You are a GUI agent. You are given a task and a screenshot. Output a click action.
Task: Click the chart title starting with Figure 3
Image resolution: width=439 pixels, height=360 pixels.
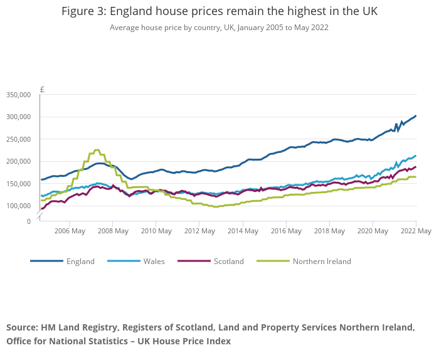click(x=219, y=12)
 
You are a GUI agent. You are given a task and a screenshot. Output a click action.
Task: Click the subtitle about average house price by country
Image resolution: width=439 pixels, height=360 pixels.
click(x=219, y=28)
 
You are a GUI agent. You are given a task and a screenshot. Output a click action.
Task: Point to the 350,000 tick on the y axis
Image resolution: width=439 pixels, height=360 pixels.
click(x=18, y=95)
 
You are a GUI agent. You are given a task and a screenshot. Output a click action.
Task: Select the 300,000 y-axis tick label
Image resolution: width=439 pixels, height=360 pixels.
click(x=18, y=117)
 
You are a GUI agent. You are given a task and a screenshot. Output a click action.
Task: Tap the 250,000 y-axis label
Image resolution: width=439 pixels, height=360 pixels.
click(x=18, y=139)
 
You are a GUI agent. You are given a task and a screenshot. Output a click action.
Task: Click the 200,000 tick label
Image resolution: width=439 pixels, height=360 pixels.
click(x=18, y=162)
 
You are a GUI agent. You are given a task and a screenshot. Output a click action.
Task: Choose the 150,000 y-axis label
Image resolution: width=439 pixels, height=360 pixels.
click(x=18, y=184)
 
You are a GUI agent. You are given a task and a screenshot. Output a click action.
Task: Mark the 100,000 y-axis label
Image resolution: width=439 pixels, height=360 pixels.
click(x=18, y=206)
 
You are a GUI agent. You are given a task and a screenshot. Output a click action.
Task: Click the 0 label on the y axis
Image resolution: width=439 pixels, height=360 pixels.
click(x=28, y=221)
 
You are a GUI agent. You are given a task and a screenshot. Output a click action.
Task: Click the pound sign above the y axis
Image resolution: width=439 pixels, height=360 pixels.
click(x=42, y=90)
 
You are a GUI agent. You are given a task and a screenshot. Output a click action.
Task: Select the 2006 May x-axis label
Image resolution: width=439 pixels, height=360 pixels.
click(x=69, y=231)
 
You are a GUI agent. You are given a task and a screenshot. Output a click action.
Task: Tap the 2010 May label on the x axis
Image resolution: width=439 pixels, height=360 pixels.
click(x=156, y=231)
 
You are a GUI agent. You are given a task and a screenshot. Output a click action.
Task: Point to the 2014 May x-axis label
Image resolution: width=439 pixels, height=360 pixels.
click(x=242, y=231)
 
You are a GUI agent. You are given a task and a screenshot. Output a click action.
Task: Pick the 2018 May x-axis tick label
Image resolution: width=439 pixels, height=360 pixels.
click(x=329, y=231)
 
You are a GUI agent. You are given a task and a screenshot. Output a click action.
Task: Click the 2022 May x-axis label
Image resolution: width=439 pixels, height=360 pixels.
click(x=416, y=231)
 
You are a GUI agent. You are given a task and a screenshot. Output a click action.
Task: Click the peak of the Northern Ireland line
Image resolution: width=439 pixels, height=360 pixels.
click(x=97, y=150)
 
